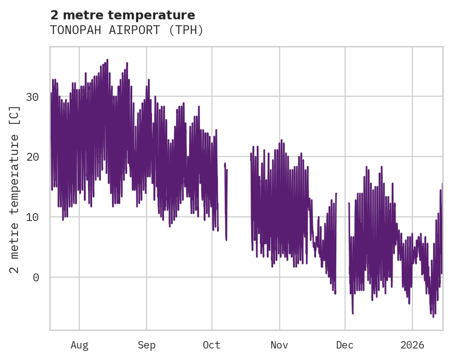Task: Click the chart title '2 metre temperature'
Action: click(123, 15)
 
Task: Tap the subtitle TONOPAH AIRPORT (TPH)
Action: click(127, 30)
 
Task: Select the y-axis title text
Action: click(15, 189)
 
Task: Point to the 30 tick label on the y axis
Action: click(32, 97)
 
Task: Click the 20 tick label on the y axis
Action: click(32, 157)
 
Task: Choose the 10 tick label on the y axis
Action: click(32, 217)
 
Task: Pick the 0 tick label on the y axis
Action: click(36, 277)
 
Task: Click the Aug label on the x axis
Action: click(79, 345)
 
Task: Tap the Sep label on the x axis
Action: click(147, 345)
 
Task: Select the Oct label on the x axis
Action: click(212, 345)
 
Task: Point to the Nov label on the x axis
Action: click(279, 345)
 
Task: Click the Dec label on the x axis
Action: click(345, 345)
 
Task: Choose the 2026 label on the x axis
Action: click(412, 345)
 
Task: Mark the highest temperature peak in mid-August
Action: click(107, 60)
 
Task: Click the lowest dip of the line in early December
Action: click(353, 313)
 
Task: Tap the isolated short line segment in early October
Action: click(226, 203)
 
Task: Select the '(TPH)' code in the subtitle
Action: click(186, 30)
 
